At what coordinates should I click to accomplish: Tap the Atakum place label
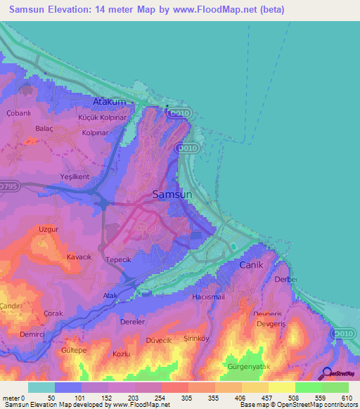(109, 101)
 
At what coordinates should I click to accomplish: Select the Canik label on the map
(250, 265)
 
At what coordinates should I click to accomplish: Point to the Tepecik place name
(118, 259)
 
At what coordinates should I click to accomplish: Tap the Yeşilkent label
(75, 176)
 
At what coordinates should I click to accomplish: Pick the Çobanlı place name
(17, 113)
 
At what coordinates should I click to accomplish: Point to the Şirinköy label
(217, 337)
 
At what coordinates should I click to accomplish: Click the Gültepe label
(73, 349)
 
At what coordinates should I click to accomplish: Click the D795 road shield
(10, 186)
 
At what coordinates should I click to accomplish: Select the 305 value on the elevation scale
(186, 398)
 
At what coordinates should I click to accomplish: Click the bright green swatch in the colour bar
(308, 387)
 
